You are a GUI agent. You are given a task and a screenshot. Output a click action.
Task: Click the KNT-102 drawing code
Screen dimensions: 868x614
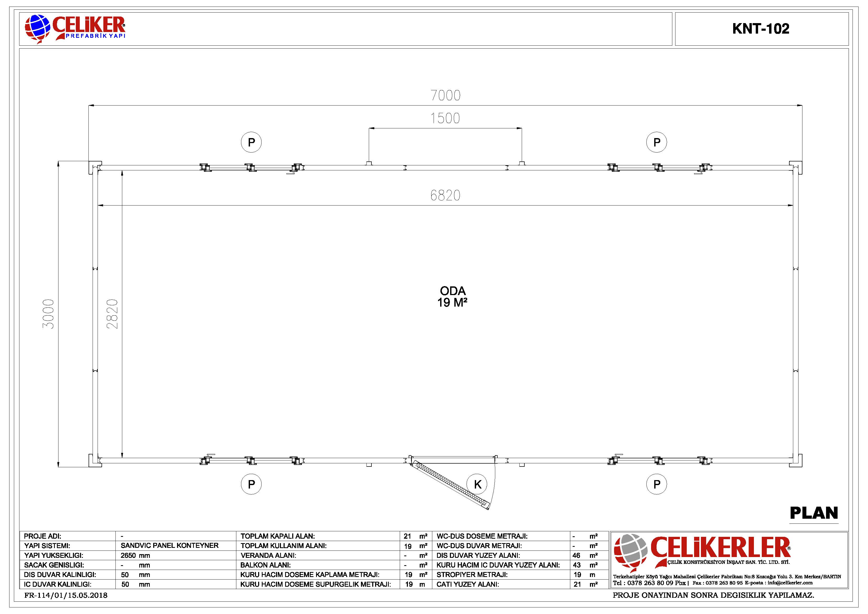tap(761, 29)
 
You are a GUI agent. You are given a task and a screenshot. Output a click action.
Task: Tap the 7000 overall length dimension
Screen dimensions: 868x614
tap(445, 95)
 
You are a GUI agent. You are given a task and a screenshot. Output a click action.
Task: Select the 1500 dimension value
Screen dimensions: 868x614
tap(445, 118)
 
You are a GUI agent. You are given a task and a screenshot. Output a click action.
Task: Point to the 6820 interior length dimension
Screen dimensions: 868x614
tap(445, 195)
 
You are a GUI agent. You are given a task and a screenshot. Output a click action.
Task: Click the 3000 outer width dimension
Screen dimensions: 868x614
tap(48, 314)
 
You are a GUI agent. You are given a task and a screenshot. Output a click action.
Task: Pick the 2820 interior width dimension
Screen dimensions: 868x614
tap(112, 314)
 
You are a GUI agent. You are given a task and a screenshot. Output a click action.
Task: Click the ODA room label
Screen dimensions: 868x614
tap(452, 291)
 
